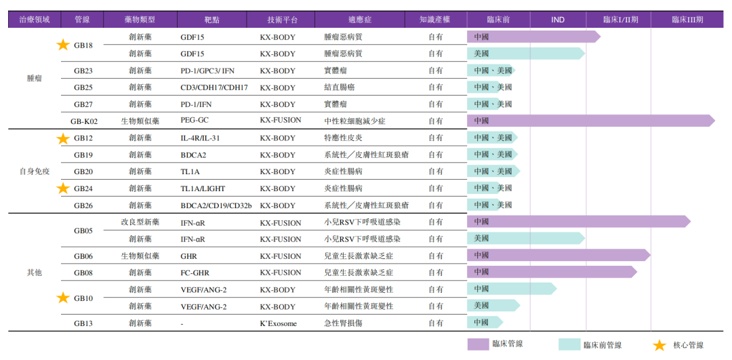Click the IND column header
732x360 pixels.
(x=558, y=20)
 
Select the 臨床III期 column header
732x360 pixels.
(x=687, y=20)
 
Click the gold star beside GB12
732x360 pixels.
(x=63, y=138)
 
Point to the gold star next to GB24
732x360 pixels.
(x=63, y=188)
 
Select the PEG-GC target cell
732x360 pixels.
(x=195, y=121)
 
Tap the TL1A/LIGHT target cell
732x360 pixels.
(x=204, y=188)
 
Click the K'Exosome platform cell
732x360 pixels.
(x=278, y=323)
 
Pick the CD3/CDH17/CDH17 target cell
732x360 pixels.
(x=213, y=87)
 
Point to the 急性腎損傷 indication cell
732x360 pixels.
(x=343, y=323)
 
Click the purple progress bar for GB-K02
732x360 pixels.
(x=590, y=121)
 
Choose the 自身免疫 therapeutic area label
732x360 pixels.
(x=34, y=172)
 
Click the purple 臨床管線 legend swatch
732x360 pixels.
(x=487, y=344)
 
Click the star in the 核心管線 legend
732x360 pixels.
(x=659, y=345)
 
